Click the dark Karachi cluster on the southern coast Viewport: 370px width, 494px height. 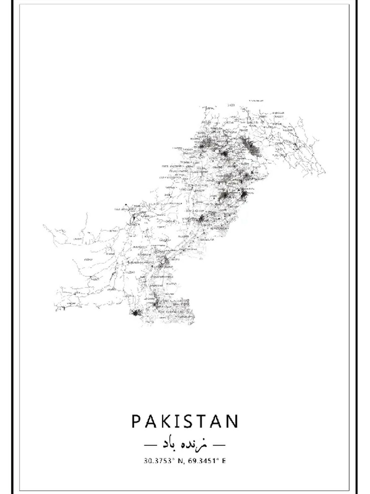135,313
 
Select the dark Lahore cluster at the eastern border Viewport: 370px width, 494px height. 244,195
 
